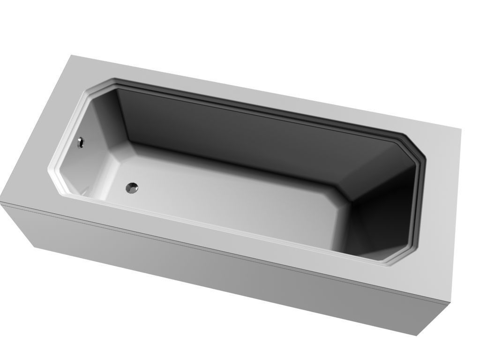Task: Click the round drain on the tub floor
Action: point(132,188)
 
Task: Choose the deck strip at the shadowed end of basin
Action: point(438,211)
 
